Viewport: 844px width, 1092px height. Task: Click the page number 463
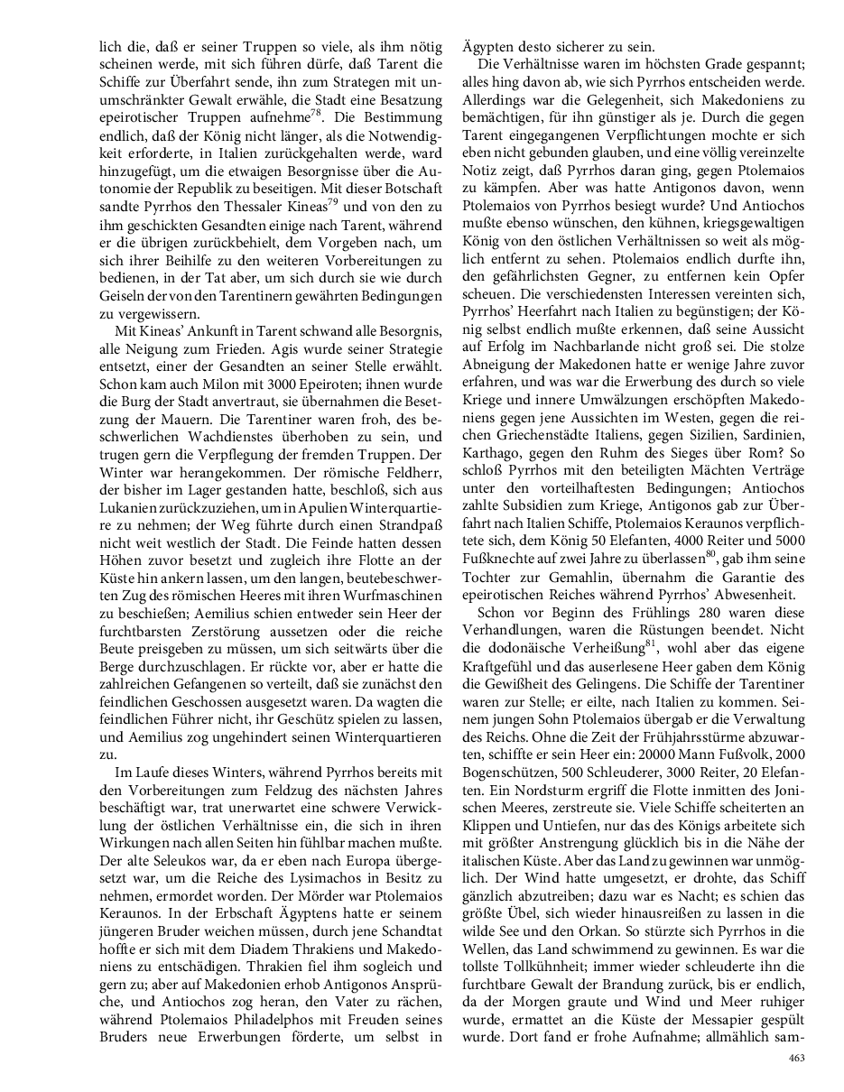point(796,1059)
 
